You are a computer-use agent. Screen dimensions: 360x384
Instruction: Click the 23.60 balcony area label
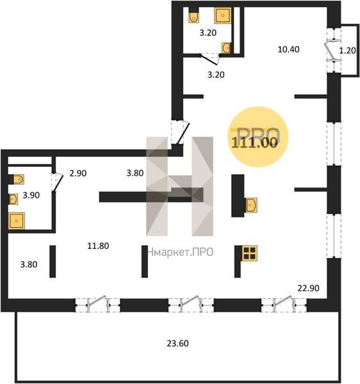coord(177,343)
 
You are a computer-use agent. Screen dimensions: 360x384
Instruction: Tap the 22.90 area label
coord(308,288)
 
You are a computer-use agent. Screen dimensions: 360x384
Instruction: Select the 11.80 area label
coord(98,246)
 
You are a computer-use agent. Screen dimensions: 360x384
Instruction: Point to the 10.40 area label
coord(288,49)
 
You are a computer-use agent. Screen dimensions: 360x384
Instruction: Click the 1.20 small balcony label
coord(347,51)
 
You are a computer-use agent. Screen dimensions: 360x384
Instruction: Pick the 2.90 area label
coord(78,173)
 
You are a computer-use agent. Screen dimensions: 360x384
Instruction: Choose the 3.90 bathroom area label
coord(31,195)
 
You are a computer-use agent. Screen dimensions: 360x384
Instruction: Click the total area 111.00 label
coord(254,142)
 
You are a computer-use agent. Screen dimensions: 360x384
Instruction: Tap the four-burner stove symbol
coord(249,253)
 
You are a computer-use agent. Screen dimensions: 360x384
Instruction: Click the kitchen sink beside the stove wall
coord(251,205)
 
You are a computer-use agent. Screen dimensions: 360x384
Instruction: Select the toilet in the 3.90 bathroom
coord(17,179)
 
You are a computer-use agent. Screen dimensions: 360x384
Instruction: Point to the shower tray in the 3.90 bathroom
coord(17,221)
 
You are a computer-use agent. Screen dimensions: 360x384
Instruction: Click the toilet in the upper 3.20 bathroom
coord(193,17)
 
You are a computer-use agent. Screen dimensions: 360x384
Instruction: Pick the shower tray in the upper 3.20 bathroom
coord(223,15)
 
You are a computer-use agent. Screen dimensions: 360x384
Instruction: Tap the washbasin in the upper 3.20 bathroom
coord(226,47)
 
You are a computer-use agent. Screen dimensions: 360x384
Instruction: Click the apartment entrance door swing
coord(183,134)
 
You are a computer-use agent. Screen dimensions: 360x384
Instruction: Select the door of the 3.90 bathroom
coord(58,182)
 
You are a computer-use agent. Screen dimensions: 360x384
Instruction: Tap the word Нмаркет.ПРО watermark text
coord(181,252)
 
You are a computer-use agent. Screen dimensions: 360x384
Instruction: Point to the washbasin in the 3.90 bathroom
coord(13,199)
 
